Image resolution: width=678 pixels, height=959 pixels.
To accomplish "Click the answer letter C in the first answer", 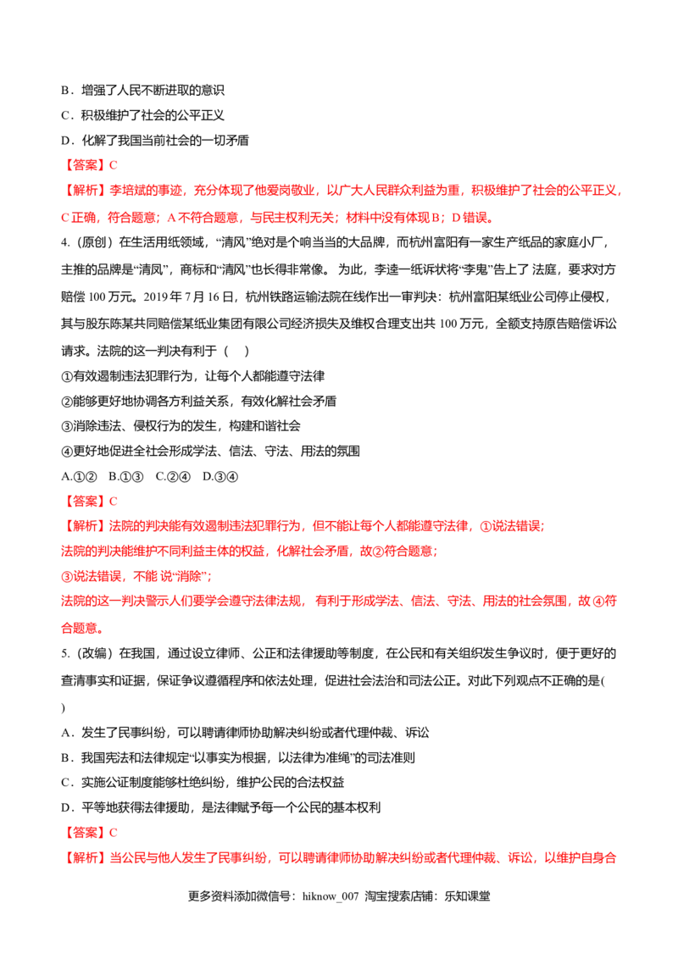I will (x=116, y=164).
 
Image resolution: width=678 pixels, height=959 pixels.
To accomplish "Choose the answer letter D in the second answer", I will (x=116, y=502).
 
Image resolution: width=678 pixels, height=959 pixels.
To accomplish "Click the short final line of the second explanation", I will (x=81, y=629).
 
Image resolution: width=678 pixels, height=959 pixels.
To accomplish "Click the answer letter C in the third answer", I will (x=116, y=832).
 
